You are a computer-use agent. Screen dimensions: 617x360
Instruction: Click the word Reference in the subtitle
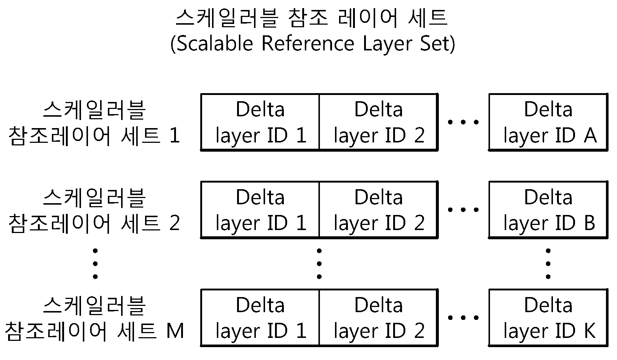(x=308, y=43)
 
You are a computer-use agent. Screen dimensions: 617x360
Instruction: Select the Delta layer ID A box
(x=548, y=122)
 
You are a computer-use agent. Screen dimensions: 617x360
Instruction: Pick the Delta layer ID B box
(x=548, y=210)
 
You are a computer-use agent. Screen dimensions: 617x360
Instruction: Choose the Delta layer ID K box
(x=548, y=318)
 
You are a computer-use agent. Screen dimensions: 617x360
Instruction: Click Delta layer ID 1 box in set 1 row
(x=260, y=122)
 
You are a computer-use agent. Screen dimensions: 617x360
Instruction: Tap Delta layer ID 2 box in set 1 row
(x=379, y=122)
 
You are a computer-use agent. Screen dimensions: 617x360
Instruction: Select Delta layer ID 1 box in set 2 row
(x=260, y=210)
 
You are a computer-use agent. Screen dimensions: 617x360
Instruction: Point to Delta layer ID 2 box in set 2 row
(x=379, y=210)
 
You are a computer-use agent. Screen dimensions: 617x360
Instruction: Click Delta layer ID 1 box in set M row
(x=260, y=318)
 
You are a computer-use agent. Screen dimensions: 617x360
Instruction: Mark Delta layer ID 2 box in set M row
(x=379, y=318)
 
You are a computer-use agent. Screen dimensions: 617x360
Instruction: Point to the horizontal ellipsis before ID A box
(x=463, y=122)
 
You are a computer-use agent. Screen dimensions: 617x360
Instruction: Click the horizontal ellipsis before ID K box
(x=463, y=318)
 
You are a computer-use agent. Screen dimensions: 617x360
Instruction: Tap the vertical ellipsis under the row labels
(x=95, y=264)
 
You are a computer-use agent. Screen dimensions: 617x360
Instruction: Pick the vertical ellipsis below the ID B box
(x=548, y=264)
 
